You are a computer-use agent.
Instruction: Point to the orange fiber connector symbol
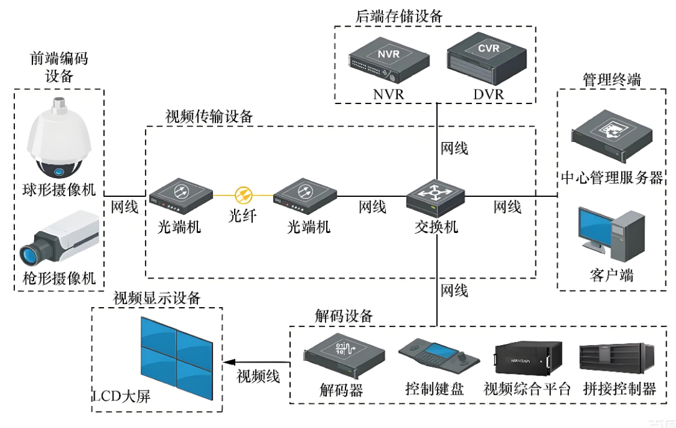[243, 194]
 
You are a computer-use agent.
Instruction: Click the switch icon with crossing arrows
[436, 198]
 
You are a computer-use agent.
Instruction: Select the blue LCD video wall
[177, 358]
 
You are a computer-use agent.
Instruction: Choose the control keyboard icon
[438, 358]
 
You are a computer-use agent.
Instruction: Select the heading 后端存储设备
[399, 16]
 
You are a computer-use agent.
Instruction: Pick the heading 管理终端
[611, 80]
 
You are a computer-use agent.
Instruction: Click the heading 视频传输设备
[209, 117]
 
